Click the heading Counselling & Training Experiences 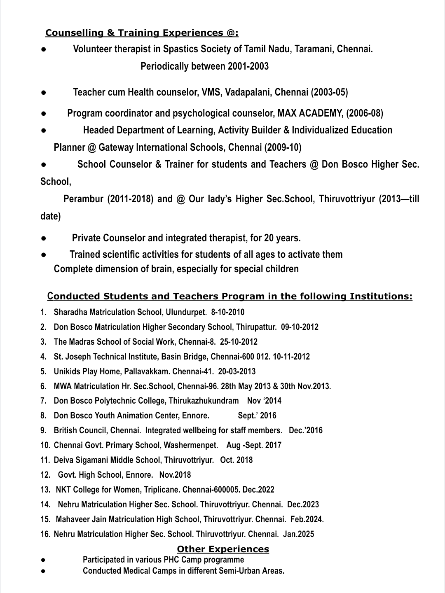click(x=142, y=33)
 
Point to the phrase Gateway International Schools click(x=162, y=147)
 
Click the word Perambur click(x=84, y=199)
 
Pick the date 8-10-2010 click(x=227, y=312)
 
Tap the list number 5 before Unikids click(x=43, y=371)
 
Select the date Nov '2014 click(x=264, y=401)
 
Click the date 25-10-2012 click(x=239, y=342)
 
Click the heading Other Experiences click(x=223, y=549)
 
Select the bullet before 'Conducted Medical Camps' click(x=43, y=571)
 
